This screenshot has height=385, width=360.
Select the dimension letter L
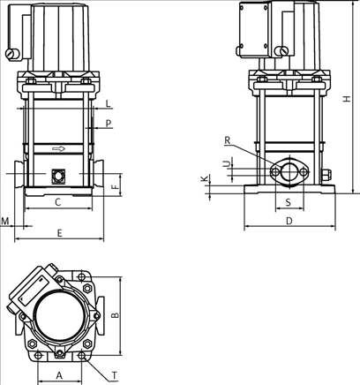[x=108, y=104]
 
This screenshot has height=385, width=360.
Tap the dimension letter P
[x=108, y=125]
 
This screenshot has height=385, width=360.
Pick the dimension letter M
[x=6, y=220]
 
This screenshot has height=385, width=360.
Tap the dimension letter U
[x=226, y=163]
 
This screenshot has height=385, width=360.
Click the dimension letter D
[x=289, y=222]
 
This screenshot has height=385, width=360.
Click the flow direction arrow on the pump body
[x=58, y=149]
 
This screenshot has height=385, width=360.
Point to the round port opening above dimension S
[x=289, y=170]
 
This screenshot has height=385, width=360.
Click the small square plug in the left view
[x=58, y=175]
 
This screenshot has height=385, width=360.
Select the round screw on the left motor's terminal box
[x=11, y=57]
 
